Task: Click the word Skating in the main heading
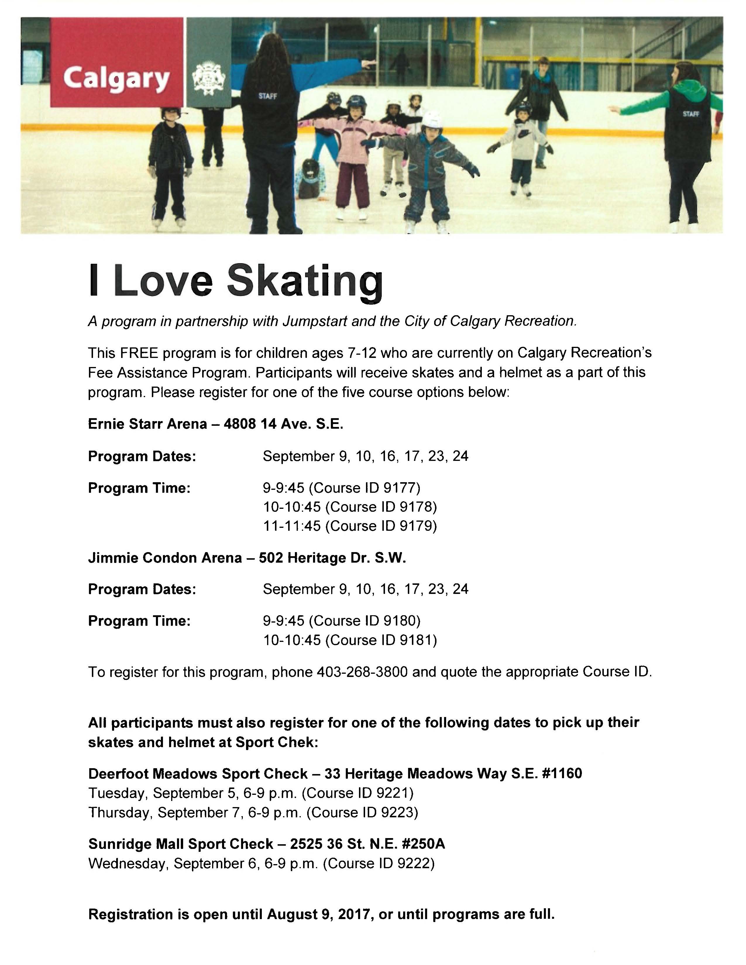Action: (x=305, y=281)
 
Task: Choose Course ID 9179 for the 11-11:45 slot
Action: (x=381, y=526)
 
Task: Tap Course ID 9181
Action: (x=381, y=640)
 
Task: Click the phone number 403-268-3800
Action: (x=362, y=672)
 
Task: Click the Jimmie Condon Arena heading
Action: (x=165, y=558)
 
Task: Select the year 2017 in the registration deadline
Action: (x=354, y=914)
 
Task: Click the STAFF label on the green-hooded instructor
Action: (x=691, y=114)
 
